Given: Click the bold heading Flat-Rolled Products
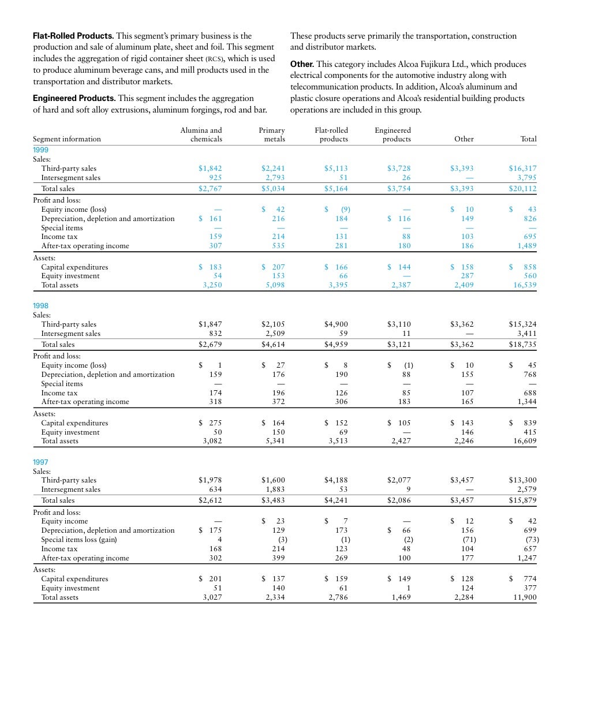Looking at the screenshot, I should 73,36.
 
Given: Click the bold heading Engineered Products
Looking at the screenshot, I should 74,98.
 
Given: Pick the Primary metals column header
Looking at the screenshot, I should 272,134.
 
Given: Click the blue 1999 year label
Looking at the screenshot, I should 41,149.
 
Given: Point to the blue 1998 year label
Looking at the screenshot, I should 41,306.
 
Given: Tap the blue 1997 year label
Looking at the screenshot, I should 41,462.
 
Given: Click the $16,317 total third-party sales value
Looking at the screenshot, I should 522,169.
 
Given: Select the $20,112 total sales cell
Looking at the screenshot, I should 522,189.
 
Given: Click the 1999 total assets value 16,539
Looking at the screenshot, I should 525,285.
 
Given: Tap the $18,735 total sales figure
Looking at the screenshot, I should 522,345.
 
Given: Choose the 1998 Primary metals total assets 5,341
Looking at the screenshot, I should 275,441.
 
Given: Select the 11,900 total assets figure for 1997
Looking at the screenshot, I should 525,597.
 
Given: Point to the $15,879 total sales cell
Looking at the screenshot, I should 522,500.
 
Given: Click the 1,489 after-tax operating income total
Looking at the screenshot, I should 527,246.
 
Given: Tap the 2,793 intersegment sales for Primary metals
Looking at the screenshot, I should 275,178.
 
